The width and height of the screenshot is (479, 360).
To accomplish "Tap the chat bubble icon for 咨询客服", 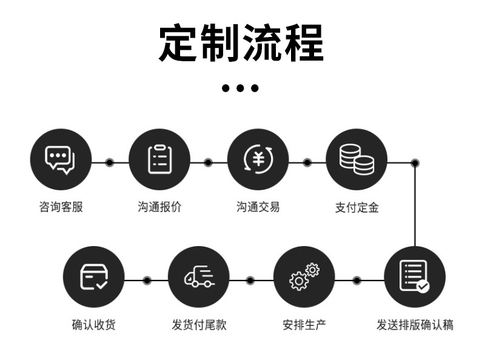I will click(61, 159).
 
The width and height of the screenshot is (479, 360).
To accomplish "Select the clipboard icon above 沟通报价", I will click(159, 159).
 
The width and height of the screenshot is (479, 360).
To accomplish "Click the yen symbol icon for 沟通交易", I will click(258, 159).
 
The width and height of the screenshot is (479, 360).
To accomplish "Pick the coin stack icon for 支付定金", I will click(357, 159).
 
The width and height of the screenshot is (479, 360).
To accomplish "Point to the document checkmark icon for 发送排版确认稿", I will click(415, 277).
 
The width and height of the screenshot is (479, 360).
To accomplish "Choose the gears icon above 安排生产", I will click(304, 277).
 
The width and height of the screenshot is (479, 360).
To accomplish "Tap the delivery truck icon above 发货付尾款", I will click(199, 277).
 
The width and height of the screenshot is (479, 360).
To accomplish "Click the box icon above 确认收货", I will click(94, 277).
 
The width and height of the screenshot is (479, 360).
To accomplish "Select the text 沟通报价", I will click(159, 207).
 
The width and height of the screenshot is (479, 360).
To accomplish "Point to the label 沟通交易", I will click(258, 207).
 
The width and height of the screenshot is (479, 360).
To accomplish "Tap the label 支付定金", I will click(357, 207).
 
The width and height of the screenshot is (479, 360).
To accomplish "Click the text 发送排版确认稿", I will click(415, 325).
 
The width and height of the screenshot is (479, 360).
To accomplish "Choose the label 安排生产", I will click(304, 325).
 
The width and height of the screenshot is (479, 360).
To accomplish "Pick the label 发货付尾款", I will click(199, 325).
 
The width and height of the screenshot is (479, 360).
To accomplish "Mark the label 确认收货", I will click(94, 325).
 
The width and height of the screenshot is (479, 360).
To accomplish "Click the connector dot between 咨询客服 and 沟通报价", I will click(110, 162).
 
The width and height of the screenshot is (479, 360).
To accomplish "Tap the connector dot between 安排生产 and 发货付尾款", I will click(251, 281).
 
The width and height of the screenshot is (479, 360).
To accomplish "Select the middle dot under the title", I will click(240, 88).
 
